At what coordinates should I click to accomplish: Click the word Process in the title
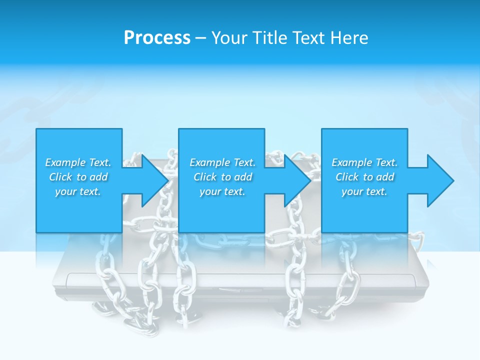(157, 38)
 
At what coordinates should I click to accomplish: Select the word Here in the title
(349, 38)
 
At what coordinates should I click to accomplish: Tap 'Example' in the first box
(65, 162)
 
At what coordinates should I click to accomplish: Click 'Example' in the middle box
(209, 162)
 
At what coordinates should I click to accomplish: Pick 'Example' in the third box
(351, 162)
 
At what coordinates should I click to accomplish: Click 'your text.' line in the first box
(78, 191)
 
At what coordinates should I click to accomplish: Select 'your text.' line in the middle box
(222, 191)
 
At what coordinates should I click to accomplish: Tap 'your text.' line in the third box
(364, 191)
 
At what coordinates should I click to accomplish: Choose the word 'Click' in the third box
(347, 177)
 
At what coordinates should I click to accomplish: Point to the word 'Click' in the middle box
(205, 177)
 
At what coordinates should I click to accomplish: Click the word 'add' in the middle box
(243, 177)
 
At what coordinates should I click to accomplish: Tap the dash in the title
(200, 38)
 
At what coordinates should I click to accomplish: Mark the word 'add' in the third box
(385, 177)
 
